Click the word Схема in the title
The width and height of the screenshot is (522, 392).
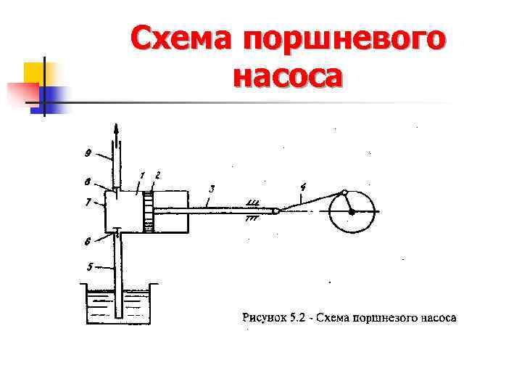[x=181, y=38]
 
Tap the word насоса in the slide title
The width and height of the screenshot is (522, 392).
[x=287, y=75]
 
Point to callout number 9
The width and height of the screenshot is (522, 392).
[x=88, y=153]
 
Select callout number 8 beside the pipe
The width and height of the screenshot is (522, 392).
[x=88, y=183]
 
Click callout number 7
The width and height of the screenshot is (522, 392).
[x=88, y=203]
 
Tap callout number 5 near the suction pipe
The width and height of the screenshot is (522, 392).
[x=89, y=266]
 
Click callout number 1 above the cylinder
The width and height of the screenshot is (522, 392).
[x=143, y=175]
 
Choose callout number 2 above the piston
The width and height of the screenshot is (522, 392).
[x=157, y=175]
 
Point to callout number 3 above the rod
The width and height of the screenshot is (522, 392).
[x=211, y=189]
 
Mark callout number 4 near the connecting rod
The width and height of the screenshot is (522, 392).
[x=302, y=187]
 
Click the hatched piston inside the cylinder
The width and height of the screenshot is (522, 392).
[x=149, y=211]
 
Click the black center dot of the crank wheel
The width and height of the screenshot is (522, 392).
[x=352, y=212]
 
